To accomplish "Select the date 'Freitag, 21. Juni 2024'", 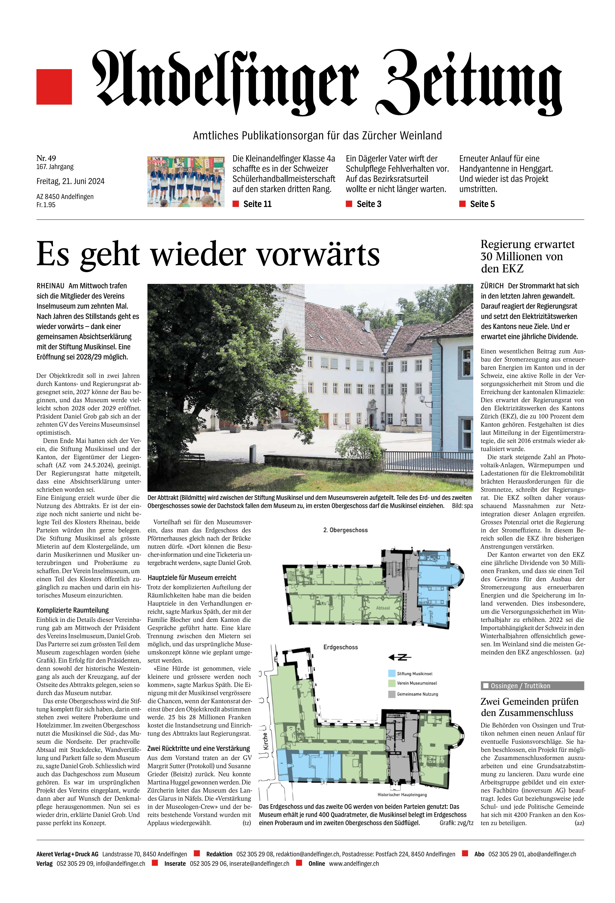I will click(x=70, y=181).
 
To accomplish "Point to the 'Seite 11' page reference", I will click(x=257, y=204).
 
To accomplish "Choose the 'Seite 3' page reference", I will click(x=369, y=204).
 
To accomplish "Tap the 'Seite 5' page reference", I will click(x=482, y=204).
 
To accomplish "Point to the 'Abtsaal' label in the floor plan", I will click(x=383, y=608).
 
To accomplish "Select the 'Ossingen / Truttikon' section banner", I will click(x=532, y=686).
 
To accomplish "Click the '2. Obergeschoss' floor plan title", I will click(x=345, y=530).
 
